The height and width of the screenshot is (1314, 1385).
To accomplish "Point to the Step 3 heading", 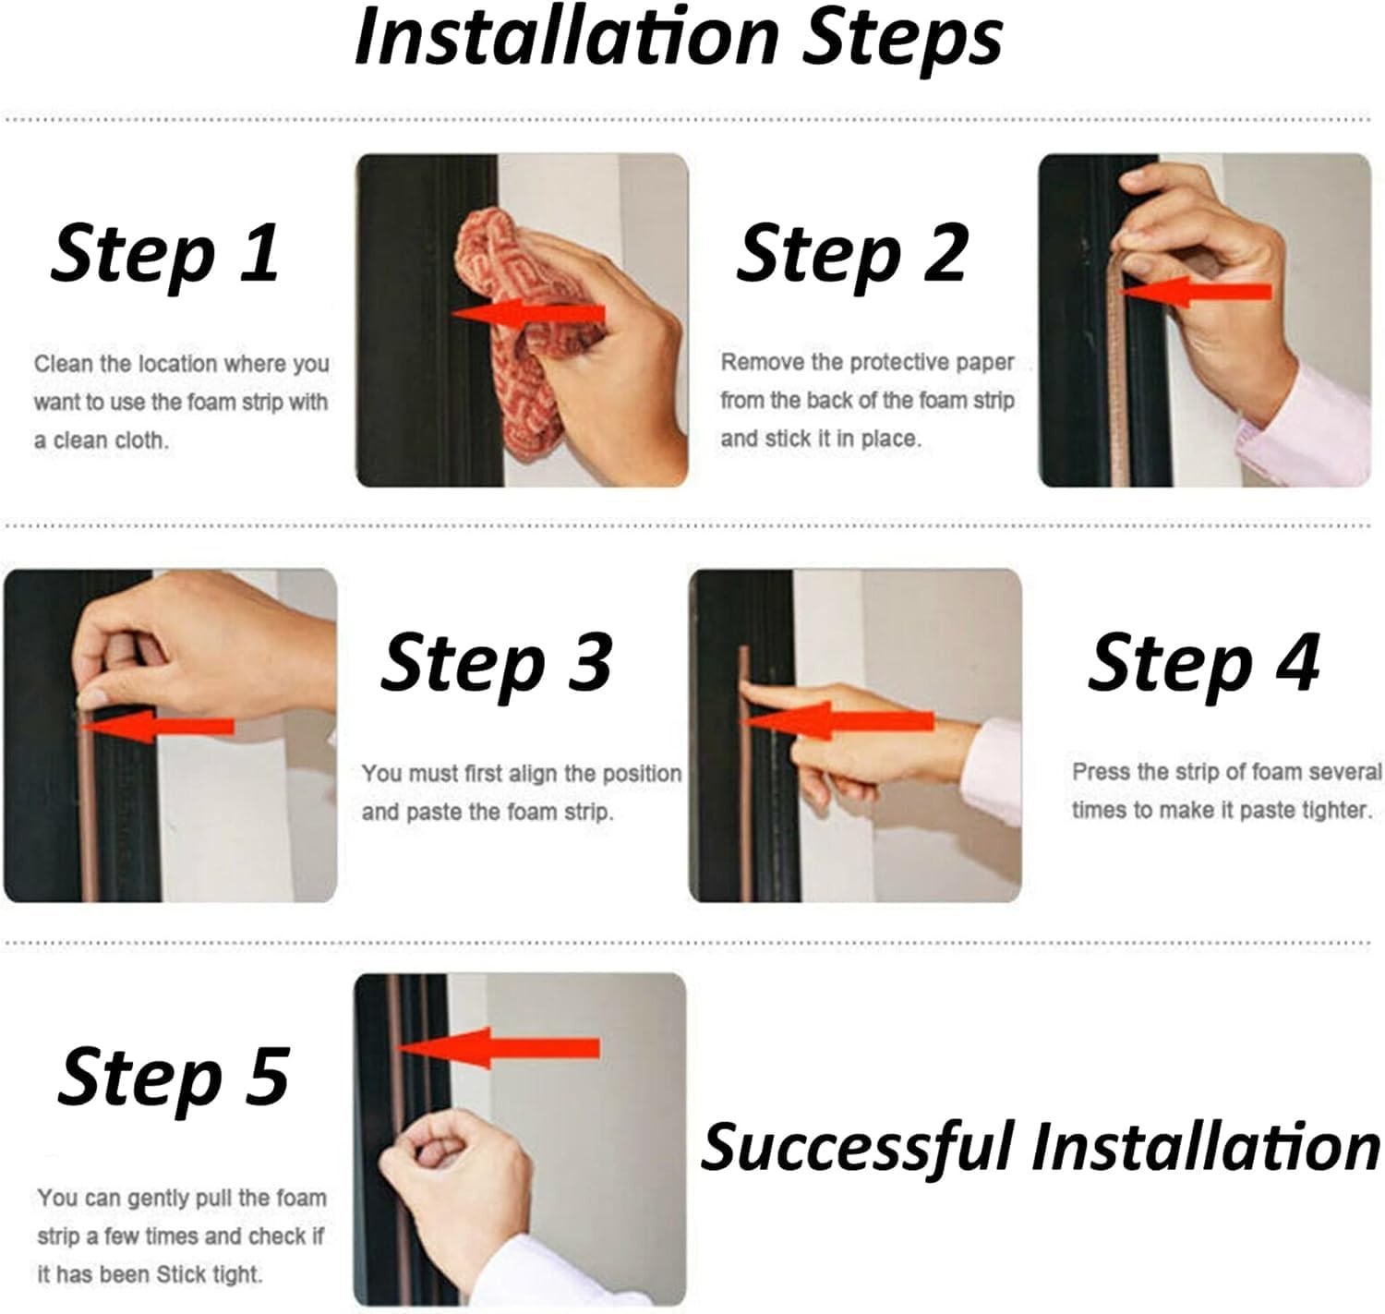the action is pyautogui.click(x=496, y=665).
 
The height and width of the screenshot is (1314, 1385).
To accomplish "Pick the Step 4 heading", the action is pyautogui.click(x=1204, y=665).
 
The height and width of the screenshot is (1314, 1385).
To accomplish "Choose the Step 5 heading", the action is pyautogui.click(x=174, y=1078).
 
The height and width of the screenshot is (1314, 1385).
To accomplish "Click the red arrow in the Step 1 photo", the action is pyautogui.click(x=528, y=314).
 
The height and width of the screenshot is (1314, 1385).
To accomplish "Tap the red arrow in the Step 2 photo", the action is pyautogui.click(x=1195, y=292).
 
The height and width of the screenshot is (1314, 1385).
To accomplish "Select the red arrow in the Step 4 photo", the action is pyautogui.click(x=838, y=721).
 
